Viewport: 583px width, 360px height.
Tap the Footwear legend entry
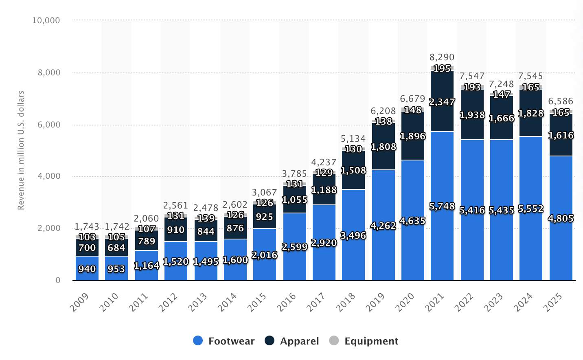coord(224,341)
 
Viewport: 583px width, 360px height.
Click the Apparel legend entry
coord(292,341)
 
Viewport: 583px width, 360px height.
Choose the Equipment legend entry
coord(364,341)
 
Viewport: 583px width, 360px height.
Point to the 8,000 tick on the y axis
coord(49,72)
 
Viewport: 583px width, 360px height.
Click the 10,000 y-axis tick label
coord(46,20)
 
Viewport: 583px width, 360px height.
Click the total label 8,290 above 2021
coord(442,57)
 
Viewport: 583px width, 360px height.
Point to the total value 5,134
coord(353,138)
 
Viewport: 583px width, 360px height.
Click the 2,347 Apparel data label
coord(442,102)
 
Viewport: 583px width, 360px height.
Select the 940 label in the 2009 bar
coord(87,269)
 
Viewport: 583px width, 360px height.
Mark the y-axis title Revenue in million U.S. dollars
coord(21,150)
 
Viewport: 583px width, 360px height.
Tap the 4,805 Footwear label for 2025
coord(561,219)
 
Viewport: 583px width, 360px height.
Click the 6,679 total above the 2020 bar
coord(412,99)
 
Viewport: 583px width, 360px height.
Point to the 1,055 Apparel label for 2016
coord(295,200)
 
